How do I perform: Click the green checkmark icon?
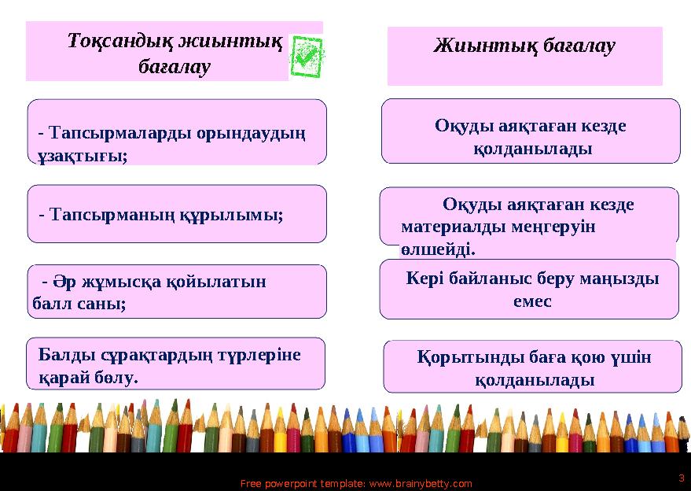click(x=306, y=56)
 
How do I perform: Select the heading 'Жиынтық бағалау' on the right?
click(x=524, y=46)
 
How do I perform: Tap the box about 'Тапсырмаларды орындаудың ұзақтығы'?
click(x=177, y=132)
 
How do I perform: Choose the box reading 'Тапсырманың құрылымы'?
click(x=177, y=213)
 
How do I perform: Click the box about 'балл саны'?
click(x=177, y=291)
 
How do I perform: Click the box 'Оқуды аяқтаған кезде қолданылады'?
click(x=531, y=131)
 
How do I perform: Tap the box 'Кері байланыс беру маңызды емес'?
click(x=529, y=289)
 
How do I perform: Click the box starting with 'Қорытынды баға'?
click(x=532, y=367)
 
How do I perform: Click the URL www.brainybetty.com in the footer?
click(x=420, y=484)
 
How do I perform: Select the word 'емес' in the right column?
click(x=532, y=301)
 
